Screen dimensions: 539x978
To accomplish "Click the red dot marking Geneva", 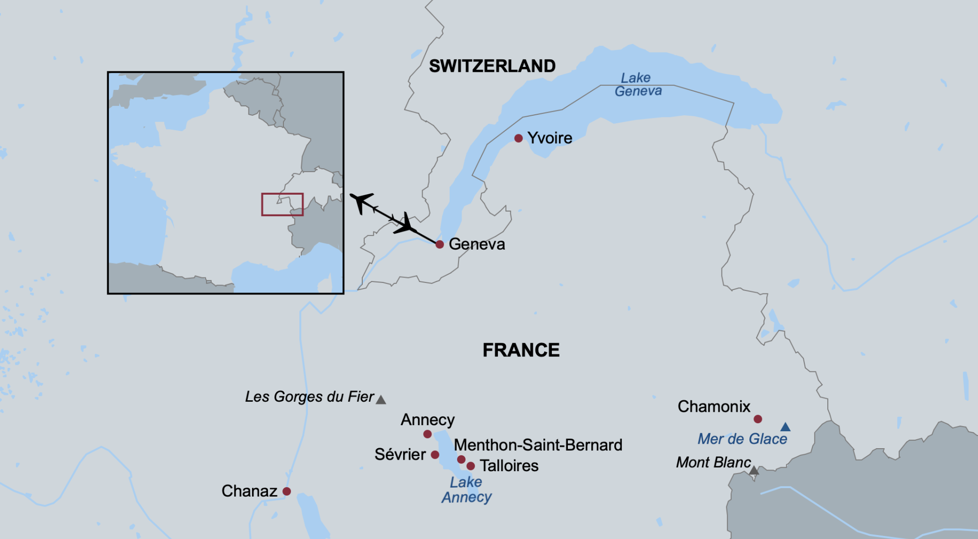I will [440, 245].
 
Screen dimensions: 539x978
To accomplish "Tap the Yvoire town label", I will [549, 138].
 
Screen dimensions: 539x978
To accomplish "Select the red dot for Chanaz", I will [286, 492].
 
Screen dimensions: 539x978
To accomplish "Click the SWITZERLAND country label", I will [492, 66].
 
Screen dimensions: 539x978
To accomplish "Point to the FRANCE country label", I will [521, 350].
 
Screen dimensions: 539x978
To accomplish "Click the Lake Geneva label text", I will [638, 84].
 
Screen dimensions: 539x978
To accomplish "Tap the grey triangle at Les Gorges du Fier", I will [381, 400].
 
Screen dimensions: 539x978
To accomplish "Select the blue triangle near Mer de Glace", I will [785, 427].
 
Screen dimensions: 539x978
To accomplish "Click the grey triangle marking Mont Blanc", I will [754, 471].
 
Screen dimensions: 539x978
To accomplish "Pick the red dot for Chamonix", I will [757, 419].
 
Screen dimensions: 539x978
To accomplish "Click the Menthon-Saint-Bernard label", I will [538, 445].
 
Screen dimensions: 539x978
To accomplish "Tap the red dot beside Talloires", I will [471, 466].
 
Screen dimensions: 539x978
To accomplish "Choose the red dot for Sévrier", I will [435, 455].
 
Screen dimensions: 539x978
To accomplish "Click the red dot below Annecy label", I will [427, 434].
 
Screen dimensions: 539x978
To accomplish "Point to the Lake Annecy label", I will [466, 490].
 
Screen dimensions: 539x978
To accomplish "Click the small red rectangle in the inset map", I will [282, 205].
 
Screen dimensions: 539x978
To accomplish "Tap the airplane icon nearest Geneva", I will [406, 224].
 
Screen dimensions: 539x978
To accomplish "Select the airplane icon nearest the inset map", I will [361, 202].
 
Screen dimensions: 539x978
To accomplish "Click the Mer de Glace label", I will [742, 439].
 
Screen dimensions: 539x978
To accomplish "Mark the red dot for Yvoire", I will [518, 138].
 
